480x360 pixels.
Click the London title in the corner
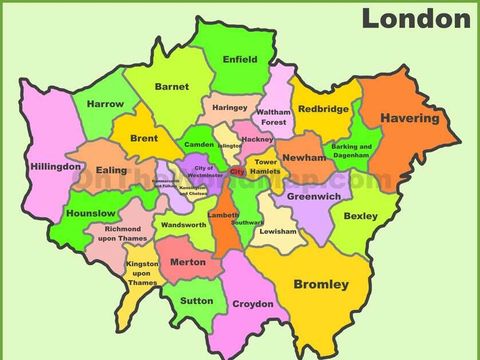click(x=415, y=18)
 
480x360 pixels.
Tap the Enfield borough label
click(x=240, y=59)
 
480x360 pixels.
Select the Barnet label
click(x=172, y=87)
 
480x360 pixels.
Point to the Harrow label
click(x=105, y=104)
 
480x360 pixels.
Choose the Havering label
click(x=408, y=118)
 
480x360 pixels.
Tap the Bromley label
click(x=321, y=285)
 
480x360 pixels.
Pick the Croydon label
click(x=252, y=303)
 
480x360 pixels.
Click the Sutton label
click(x=196, y=299)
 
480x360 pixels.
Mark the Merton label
click(x=188, y=262)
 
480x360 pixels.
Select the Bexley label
click(x=360, y=215)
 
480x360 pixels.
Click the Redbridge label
click(x=322, y=109)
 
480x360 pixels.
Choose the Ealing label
click(x=112, y=171)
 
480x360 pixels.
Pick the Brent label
click(x=144, y=138)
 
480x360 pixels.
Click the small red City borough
click(x=237, y=172)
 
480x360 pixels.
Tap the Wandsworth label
click(x=183, y=226)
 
